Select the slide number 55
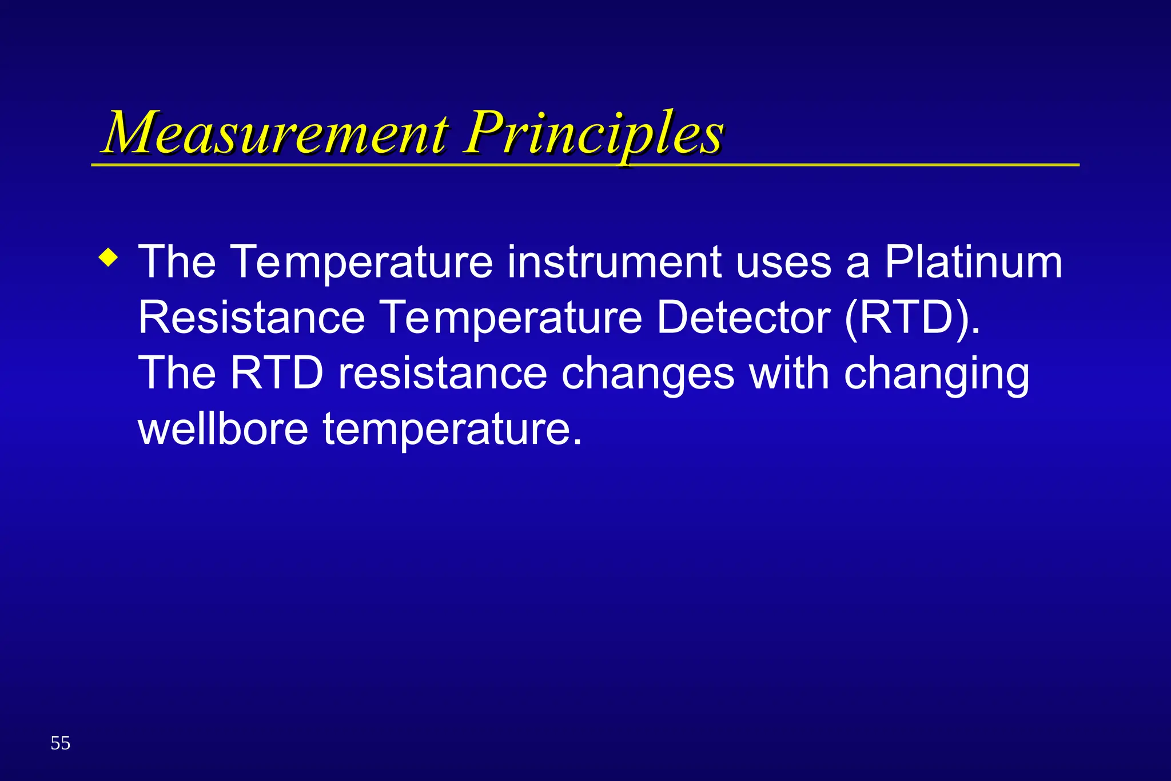pyautogui.click(x=60, y=743)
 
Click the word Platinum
pyautogui.click(x=973, y=262)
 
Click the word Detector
pyautogui.click(x=743, y=318)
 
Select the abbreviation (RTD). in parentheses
pyautogui.click(x=913, y=318)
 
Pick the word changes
pyautogui.click(x=647, y=375)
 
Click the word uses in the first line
pyautogui.click(x=783, y=262)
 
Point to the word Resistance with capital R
pyautogui.click(x=252, y=318)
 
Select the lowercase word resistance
pyautogui.click(x=443, y=374)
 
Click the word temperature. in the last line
pyautogui.click(x=452, y=430)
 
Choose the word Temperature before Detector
pyautogui.click(x=511, y=319)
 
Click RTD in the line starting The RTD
pyautogui.click(x=277, y=374)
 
